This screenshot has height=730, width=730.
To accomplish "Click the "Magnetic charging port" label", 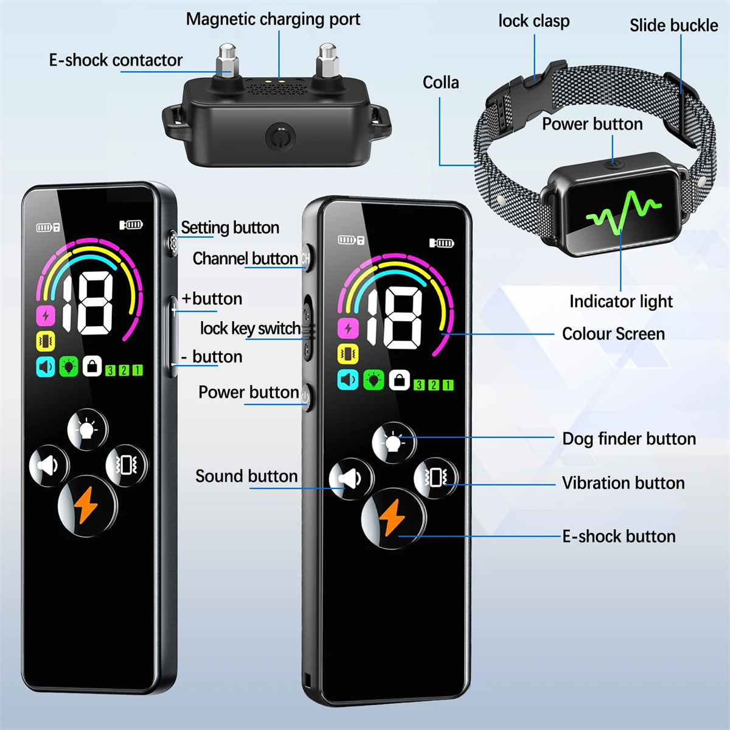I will (273, 19).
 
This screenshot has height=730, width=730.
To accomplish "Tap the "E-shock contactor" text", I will (116, 60).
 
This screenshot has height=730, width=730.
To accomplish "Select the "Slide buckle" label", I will (673, 26).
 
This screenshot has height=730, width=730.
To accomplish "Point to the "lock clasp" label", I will (534, 21).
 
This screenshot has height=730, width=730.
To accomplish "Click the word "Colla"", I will (440, 83).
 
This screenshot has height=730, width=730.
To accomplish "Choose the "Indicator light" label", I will (620, 302).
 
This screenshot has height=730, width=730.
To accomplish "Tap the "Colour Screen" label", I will (613, 334).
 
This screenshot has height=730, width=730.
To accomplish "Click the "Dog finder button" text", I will (628, 439).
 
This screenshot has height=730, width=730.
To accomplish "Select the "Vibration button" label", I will (623, 483).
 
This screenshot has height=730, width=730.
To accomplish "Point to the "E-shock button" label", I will (619, 537).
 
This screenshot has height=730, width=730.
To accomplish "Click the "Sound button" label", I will (246, 476).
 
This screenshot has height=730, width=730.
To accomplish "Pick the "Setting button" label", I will (230, 228).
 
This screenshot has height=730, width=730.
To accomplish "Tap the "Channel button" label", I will (245, 259).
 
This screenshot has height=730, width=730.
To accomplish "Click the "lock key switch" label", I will (250, 329).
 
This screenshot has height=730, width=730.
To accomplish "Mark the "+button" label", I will (212, 299).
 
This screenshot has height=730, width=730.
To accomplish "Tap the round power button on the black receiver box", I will (279, 136).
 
